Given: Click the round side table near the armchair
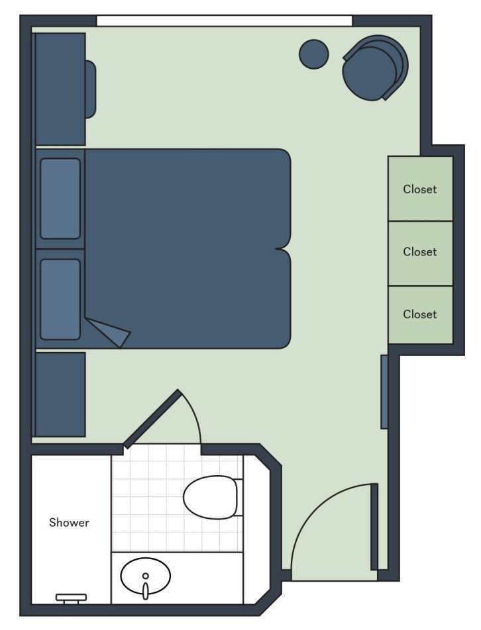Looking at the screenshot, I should (x=314, y=54).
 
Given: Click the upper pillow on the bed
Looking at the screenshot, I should (x=60, y=199).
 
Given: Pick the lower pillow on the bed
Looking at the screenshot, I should (x=60, y=299).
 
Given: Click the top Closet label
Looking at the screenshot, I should (x=420, y=189).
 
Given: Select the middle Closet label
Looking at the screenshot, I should (x=420, y=252).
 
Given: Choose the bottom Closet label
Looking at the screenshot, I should (x=420, y=314).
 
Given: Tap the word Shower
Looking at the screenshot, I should (x=69, y=523).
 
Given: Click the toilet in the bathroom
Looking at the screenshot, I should (x=211, y=497).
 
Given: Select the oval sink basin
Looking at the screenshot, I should (x=146, y=576).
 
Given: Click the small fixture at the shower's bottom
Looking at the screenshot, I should (x=71, y=598).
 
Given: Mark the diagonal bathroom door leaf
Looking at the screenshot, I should (x=152, y=419).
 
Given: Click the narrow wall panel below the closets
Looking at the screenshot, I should (x=384, y=392).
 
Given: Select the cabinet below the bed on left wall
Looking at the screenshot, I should (x=60, y=394).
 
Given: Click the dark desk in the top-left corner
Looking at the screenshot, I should (x=60, y=89).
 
